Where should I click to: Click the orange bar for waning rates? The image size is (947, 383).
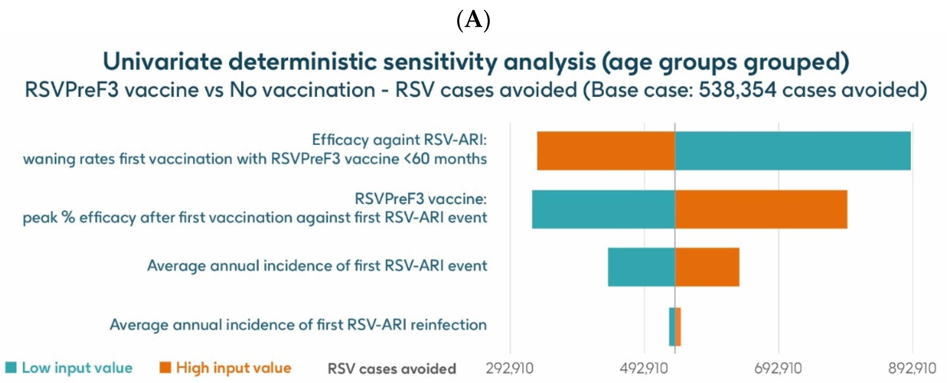pos(605,150)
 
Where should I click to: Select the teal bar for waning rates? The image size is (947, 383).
pos(793,150)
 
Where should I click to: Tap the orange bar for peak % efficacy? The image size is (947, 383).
pos(761,209)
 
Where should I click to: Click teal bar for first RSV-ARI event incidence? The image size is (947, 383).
pos(641,267)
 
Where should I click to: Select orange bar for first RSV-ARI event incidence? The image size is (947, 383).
pos(707,267)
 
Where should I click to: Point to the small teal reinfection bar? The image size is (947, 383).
pos(672,326)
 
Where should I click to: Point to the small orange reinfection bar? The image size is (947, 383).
pos(678,326)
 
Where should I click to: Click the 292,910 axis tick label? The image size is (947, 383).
pos(509,368)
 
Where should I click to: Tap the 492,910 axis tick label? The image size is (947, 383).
pos(644,368)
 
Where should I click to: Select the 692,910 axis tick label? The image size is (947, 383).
pos(778,368)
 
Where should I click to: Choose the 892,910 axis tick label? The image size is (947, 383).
pos(912,368)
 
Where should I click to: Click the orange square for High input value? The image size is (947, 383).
pos(165,367)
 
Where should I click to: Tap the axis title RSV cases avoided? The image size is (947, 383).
pos(392,368)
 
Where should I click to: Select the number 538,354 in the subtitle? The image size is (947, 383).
pos(737,90)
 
